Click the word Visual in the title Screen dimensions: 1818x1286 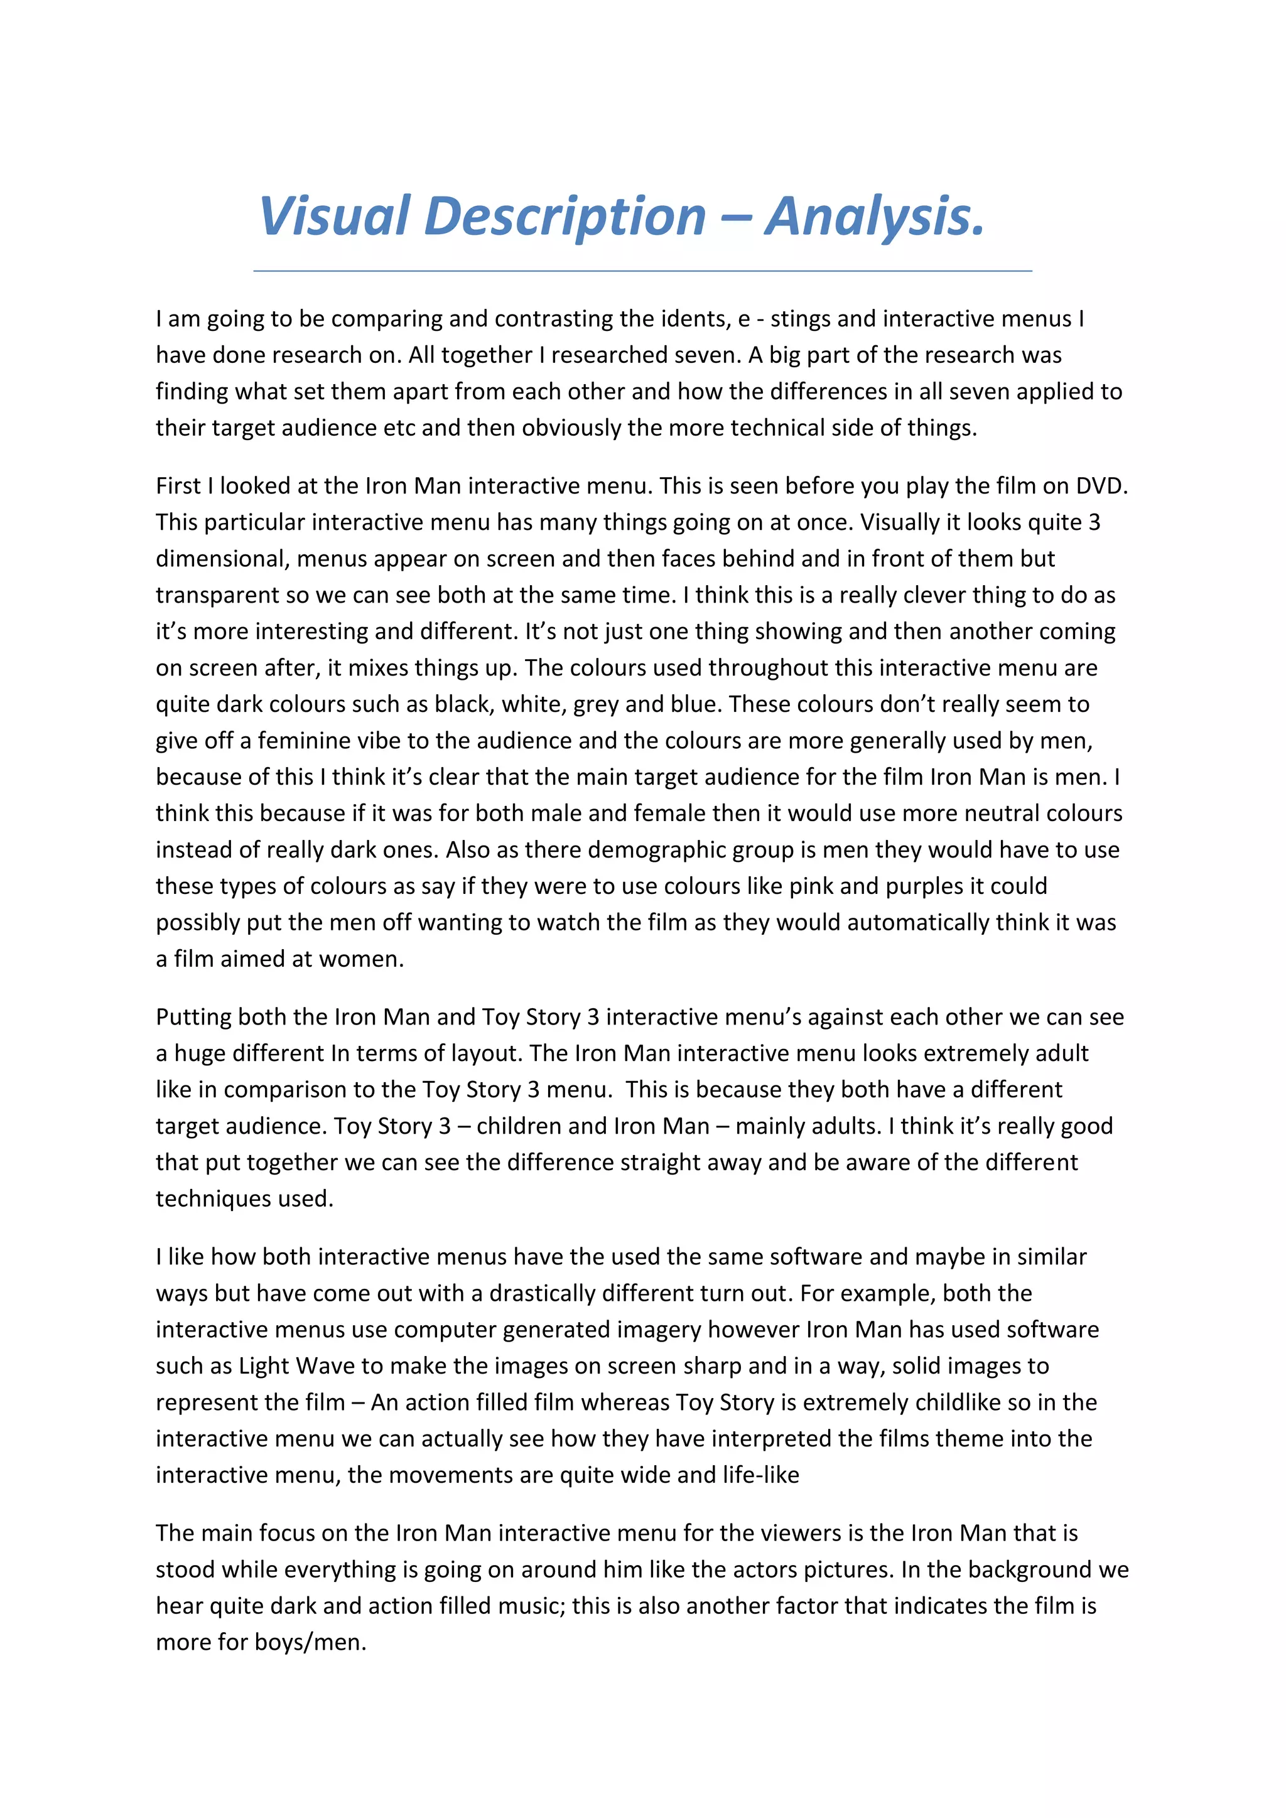coord(335,215)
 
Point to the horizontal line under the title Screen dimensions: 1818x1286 coord(642,271)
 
